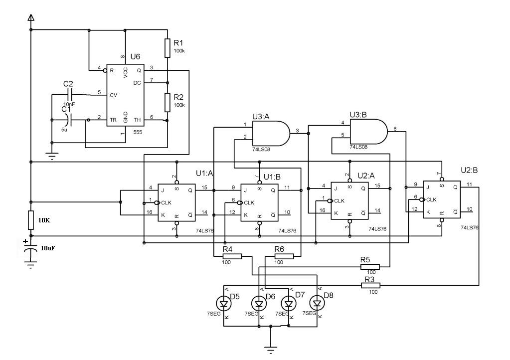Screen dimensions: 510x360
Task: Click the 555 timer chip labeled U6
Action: tap(126, 95)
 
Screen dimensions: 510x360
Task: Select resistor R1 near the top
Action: tap(167, 48)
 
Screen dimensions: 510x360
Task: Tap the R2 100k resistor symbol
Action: tap(167, 102)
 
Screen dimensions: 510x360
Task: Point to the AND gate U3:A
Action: tap(271, 133)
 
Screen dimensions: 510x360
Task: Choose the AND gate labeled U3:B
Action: tap(368, 132)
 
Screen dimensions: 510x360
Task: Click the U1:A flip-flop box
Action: tap(176, 202)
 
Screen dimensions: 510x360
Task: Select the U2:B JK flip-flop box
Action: tap(442, 199)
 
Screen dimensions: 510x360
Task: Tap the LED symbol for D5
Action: tap(224, 304)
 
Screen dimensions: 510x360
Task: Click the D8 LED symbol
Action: tap(317, 304)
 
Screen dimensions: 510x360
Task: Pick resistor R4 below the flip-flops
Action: tap(232, 256)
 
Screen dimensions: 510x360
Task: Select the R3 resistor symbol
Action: tap(371, 286)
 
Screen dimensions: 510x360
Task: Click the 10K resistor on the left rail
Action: tap(31, 220)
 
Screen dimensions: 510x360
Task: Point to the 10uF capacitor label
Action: tap(48, 248)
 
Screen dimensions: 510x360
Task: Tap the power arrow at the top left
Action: tap(31, 17)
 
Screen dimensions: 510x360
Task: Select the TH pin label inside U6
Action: tap(137, 120)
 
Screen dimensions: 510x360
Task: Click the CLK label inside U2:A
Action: tap(339, 201)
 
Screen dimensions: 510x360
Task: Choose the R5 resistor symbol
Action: tap(370, 267)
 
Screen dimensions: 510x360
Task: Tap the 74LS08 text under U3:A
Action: tap(261, 150)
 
